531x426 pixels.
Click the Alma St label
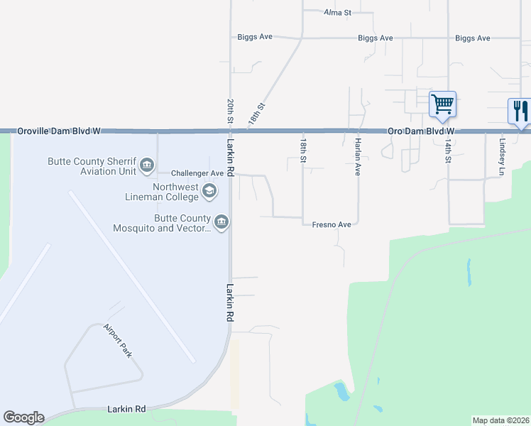[338, 13]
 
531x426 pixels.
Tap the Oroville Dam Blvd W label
[59, 131]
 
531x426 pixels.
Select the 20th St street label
[231, 111]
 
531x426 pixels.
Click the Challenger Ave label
[198, 173]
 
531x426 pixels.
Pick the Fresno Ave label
[332, 224]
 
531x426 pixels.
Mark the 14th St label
[448, 151]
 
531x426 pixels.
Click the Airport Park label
[118, 340]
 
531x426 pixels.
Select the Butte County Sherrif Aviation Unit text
[92, 166]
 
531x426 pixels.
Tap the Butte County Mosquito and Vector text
[162, 223]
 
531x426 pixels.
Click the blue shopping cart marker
[442, 104]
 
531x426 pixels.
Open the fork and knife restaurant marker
[520, 111]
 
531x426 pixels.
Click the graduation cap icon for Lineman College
[209, 190]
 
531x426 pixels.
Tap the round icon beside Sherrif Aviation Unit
[147, 166]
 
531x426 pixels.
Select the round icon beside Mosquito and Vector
[221, 223]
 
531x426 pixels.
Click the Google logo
[23, 417]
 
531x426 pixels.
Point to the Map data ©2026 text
[500, 420]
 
